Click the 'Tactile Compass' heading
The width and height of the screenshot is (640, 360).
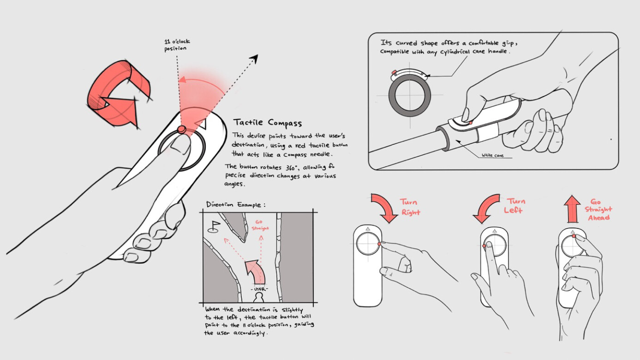(x=268, y=123)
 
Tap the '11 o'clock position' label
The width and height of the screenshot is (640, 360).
(x=177, y=45)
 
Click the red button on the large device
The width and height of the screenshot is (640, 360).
(x=182, y=129)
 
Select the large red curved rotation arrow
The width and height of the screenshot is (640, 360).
(x=117, y=93)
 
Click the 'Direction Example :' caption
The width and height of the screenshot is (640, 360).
(x=236, y=204)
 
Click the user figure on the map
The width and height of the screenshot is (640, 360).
(x=259, y=297)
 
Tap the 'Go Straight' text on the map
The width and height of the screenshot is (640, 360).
(x=261, y=225)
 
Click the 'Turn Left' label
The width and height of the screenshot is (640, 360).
(x=515, y=206)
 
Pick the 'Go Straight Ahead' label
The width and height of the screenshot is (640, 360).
(x=598, y=210)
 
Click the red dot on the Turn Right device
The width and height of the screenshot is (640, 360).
(x=379, y=244)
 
